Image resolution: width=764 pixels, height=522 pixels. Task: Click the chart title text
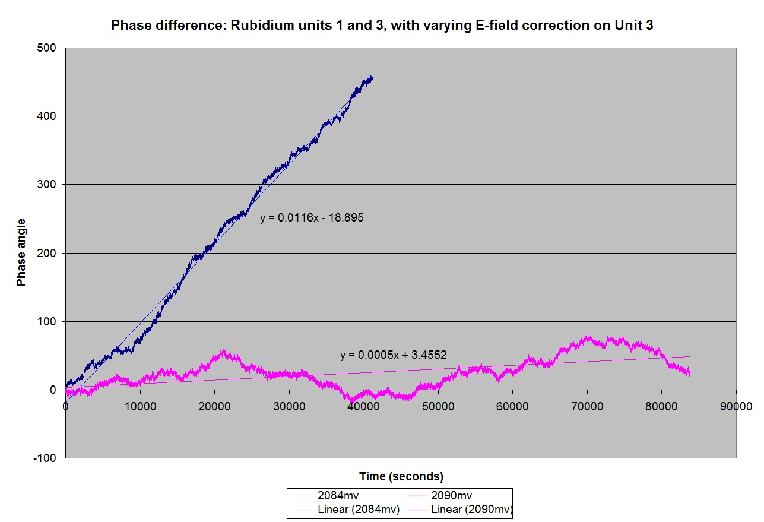(382, 26)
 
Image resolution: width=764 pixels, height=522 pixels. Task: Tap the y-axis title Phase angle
(21, 252)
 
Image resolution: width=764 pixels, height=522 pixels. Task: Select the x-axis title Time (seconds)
(401, 476)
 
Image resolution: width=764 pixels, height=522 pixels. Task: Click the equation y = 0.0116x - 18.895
(312, 218)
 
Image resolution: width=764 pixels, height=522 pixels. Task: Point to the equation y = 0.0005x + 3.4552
(393, 355)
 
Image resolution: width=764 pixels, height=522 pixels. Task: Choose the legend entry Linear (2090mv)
(472, 509)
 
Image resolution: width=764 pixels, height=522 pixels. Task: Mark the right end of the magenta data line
(690, 372)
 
